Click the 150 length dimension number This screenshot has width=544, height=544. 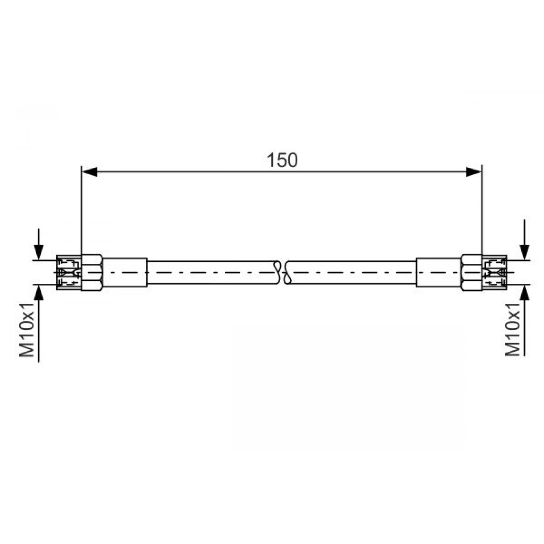(282, 160)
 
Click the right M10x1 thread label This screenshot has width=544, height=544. (512, 329)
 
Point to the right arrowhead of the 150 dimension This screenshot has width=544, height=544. (473, 172)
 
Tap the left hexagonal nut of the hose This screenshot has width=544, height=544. (92, 272)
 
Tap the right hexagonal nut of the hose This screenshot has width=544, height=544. (471, 272)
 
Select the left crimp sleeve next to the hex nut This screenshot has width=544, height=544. (125, 272)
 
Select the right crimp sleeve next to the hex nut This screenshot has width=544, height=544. (439, 272)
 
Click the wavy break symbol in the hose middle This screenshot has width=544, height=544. (282, 272)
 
